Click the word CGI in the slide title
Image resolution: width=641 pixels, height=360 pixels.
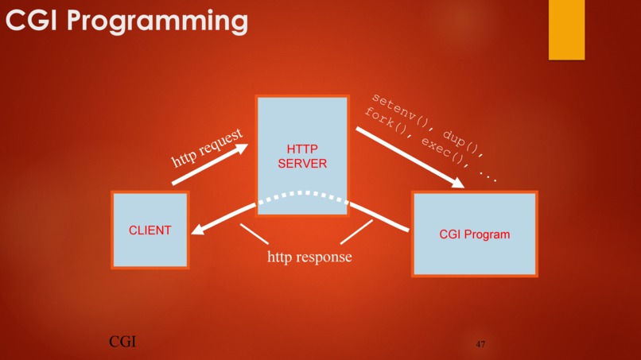point(31,21)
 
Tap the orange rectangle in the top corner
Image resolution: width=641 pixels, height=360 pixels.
point(566,29)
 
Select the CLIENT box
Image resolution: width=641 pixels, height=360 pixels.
point(150,230)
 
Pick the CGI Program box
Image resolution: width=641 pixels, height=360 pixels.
point(474,234)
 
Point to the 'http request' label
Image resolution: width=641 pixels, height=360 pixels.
point(208,149)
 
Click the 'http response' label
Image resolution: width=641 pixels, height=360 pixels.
point(309,257)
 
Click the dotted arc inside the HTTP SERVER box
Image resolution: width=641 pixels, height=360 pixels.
point(302,194)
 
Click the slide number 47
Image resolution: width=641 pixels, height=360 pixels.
point(480,344)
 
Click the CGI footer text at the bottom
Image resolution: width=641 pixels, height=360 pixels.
point(122,342)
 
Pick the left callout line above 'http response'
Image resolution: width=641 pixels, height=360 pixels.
point(254,234)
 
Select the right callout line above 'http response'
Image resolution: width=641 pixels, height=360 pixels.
point(356,232)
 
